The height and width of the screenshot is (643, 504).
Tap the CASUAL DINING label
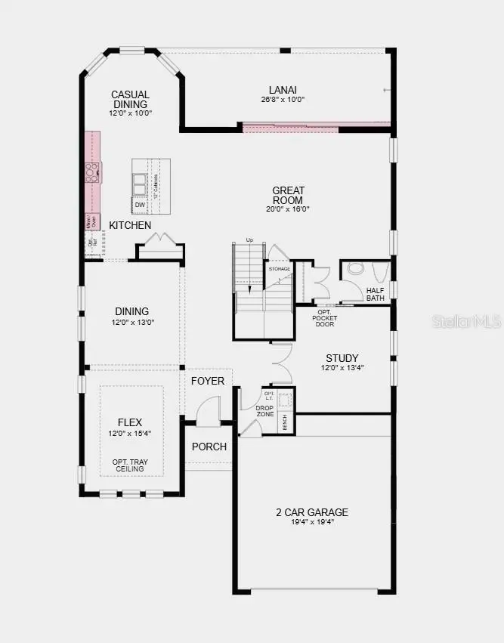point(131,99)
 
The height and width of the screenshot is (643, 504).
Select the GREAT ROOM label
point(288,195)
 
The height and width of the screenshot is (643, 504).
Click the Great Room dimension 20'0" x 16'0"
point(288,209)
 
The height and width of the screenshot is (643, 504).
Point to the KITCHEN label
point(130,225)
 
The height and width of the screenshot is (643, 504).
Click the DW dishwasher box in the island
point(140,205)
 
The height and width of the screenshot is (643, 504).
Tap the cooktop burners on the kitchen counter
point(92,173)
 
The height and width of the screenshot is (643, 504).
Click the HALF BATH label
point(376,294)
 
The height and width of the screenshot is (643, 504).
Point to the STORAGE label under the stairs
point(279,269)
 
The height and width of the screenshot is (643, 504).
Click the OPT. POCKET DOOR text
point(325,318)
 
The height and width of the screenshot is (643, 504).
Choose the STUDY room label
point(342,358)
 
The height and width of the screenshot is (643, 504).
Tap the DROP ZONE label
point(265,410)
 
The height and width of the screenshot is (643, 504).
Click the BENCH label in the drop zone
point(285,424)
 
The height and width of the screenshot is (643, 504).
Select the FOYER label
point(207,381)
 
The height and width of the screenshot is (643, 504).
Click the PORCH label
point(209,447)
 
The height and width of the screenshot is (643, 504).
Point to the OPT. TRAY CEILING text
point(128,465)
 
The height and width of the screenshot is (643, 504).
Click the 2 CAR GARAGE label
point(312,512)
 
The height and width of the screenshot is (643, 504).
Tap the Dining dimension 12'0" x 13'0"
point(131,323)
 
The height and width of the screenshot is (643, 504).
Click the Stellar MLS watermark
point(466,321)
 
